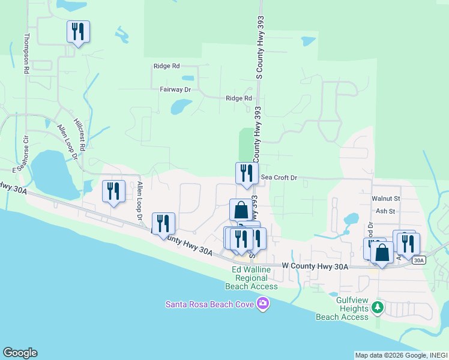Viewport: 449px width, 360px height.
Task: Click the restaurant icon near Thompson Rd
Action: [78, 31]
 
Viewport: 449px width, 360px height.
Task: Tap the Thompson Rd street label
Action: [26, 53]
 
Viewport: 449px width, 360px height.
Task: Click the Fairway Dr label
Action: [175, 89]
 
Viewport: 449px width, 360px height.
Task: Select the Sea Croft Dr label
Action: [280, 178]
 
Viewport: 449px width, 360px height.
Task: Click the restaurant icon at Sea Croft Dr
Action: [246, 174]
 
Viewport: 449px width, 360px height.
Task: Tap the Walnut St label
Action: [385, 198]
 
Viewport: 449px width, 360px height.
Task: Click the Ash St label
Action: [385, 211]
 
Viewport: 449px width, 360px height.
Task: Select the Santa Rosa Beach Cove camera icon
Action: [262, 305]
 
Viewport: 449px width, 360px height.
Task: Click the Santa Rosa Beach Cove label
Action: [210, 305]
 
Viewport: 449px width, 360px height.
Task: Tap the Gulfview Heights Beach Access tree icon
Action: [377, 307]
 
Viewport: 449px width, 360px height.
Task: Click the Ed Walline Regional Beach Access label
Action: [255, 278]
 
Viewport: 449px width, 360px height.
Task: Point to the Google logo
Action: [20, 353]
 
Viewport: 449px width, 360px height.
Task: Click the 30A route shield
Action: [419, 260]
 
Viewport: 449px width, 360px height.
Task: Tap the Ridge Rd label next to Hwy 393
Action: [238, 98]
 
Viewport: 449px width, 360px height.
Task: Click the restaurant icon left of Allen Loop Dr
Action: [113, 191]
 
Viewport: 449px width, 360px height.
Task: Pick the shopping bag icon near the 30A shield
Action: [382, 253]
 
